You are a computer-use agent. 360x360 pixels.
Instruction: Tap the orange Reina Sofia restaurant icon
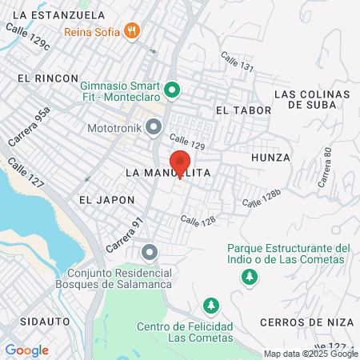pos(132,31)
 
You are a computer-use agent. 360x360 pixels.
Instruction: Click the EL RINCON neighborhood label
pos(47,78)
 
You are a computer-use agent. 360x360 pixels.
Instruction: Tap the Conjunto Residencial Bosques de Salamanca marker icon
pos(149,253)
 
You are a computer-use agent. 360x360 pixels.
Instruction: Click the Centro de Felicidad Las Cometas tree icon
pos(210,306)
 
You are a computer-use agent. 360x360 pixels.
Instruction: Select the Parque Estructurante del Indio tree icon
pos(250,276)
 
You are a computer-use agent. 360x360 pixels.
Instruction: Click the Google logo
pos(26,350)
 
